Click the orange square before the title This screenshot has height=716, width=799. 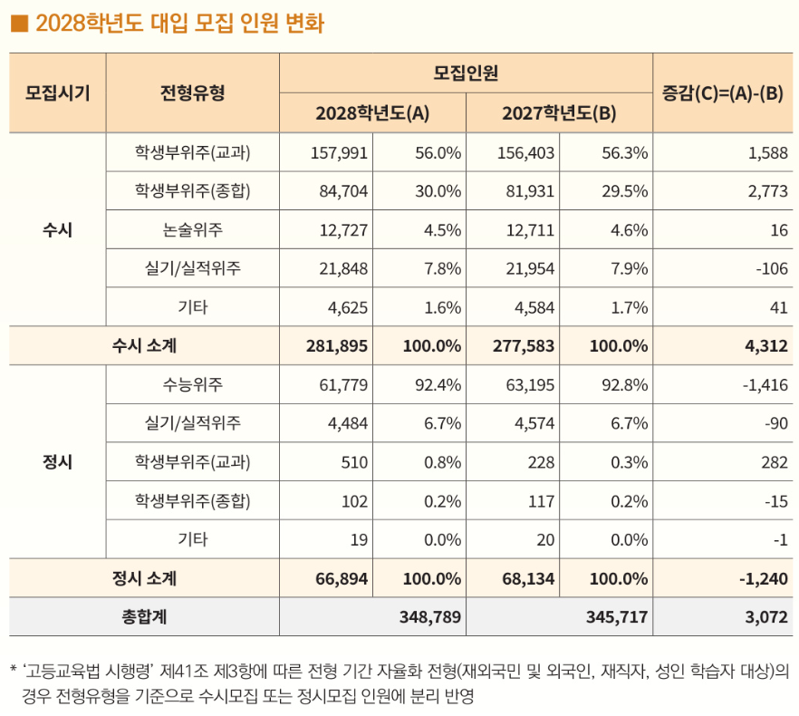[19, 24]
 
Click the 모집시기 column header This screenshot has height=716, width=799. [58, 92]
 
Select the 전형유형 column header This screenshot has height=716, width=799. [193, 92]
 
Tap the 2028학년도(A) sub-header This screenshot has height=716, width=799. [372, 112]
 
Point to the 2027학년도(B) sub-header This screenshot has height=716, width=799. [559, 112]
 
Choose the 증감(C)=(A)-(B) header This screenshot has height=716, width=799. [723, 92]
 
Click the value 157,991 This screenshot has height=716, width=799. [340, 153]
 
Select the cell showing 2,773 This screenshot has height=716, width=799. [768, 191]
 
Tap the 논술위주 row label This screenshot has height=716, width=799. [193, 230]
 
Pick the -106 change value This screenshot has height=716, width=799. [772, 268]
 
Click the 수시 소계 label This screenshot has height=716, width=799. [144, 345]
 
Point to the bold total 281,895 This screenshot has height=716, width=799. [337, 345]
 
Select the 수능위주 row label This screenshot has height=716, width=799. [193, 384]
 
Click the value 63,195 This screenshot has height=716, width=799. [530, 384]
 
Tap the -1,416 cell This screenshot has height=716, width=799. [765, 384]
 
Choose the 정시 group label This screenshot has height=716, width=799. [58, 461]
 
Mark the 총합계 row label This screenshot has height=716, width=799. [144, 617]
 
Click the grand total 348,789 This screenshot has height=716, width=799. [430, 617]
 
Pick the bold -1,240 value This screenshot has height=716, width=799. [764, 579]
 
